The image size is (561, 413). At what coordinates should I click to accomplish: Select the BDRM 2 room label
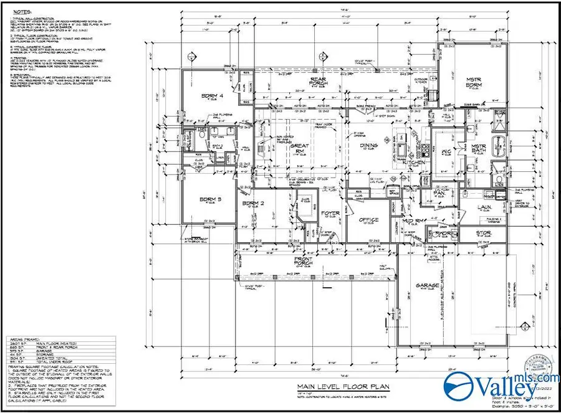[254, 204]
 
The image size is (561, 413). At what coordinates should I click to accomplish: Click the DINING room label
[369, 146]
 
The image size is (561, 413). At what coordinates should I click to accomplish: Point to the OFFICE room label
[369, 219]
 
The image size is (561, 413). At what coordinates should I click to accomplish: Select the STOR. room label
[484, 233]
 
